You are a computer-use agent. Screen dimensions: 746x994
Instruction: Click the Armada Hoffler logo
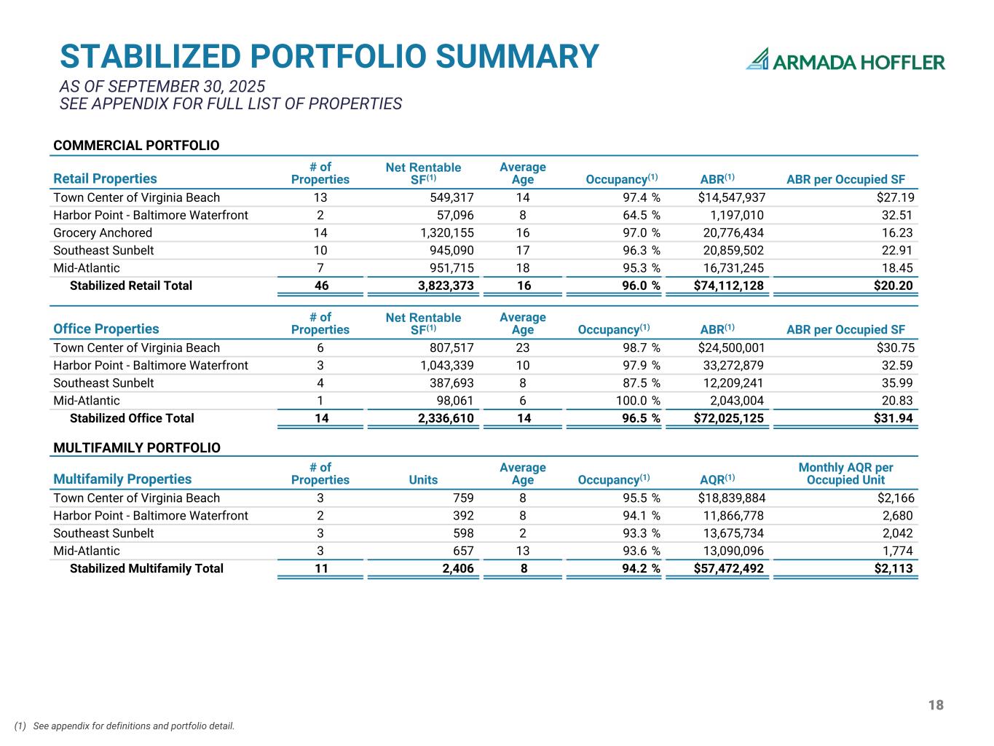click(x=845, y=60)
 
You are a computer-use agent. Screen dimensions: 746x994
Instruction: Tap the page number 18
click(x=936, y=704)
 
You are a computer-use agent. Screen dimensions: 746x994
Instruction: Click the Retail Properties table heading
click(x=105, y=178)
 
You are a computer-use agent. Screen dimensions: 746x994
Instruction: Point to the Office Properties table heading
click(x=106, y=329)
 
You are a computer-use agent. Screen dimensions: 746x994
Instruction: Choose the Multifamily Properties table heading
click(x=122, y=479)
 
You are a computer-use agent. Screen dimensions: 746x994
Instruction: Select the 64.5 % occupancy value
click(x=640, y=215)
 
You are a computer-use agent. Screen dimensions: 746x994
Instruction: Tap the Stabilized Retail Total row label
click(x=131, y=286)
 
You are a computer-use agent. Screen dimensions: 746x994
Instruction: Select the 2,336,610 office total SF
click(x=446, y=418)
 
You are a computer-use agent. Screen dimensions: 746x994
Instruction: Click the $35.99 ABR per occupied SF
click(x=896, y=383)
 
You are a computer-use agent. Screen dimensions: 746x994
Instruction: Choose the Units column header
click(x=423, y=479)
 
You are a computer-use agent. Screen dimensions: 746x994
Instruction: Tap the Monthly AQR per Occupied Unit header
click(x=845, y=474)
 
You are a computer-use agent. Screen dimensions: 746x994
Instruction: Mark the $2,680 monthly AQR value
click(x=897, y=516)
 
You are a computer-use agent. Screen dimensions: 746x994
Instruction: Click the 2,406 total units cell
click(x=458, y=568)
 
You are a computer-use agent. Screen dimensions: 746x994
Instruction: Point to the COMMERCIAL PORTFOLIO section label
click(x=136, y=146)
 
